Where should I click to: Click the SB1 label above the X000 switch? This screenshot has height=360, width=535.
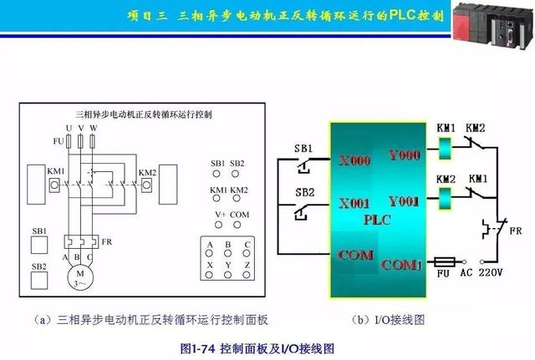click(x=303, y=148)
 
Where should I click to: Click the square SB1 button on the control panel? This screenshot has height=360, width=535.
click(x=38, y=245)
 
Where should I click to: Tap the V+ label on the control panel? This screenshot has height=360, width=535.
click(x=220, y=214)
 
